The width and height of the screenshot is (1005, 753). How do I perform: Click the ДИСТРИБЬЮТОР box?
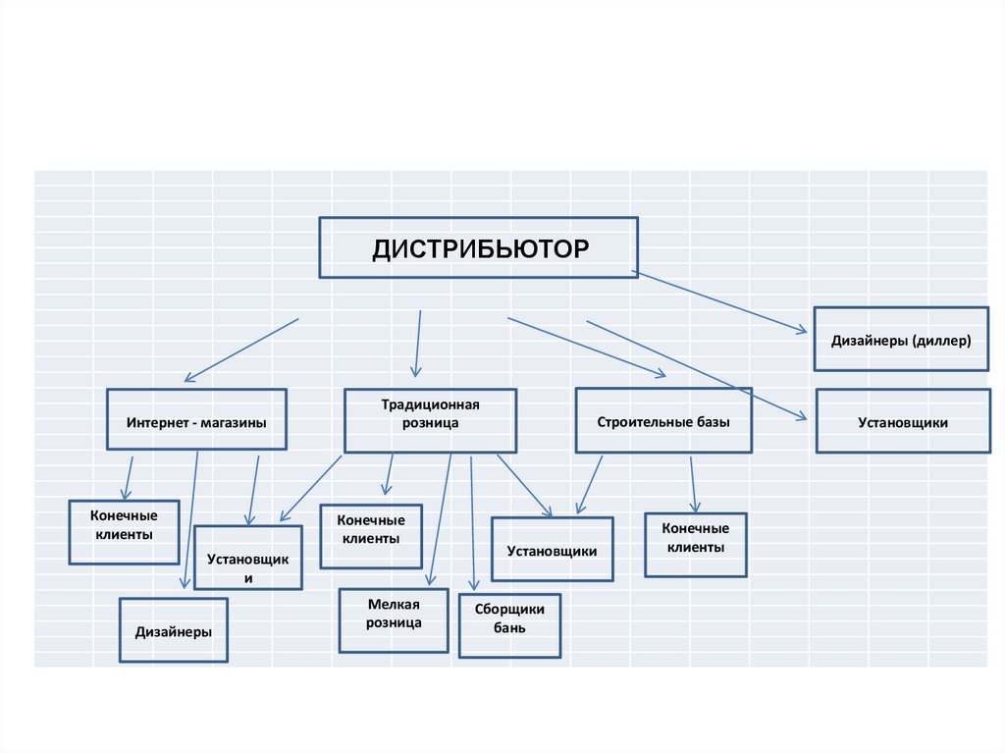[478, 247]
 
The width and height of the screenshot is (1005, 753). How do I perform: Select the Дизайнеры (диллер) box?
[901, 340]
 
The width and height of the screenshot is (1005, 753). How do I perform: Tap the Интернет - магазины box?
[196, 420]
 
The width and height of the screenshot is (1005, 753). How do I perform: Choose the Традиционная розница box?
[430, 420]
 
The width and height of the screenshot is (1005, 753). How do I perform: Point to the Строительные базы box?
[663, 420]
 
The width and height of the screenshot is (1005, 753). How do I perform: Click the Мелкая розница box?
[394, 619]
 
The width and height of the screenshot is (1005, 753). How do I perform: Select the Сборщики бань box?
[509, 624]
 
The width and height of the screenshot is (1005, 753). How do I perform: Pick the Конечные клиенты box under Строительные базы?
[696, 544]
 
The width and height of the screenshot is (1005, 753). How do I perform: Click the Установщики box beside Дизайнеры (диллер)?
[903, 421]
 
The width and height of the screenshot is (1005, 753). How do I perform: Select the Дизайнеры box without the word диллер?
[174, 629]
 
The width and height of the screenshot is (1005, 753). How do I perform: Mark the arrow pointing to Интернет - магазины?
[240, 350]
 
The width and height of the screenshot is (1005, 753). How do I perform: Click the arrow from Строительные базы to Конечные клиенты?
[693, 483]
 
